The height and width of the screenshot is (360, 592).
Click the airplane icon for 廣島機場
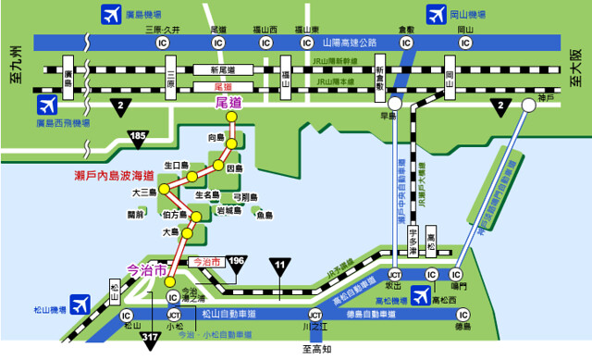(x=110, y=15)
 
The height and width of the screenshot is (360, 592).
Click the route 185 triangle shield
(x=138, y=139)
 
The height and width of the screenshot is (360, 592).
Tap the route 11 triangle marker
(x=280, y=267)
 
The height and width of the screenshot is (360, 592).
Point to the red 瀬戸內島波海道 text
(x=114, y=175)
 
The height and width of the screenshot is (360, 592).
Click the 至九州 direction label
(x=16, y=66)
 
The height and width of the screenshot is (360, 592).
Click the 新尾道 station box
(x=224, y=69)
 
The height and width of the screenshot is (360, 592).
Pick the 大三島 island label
(x=145, y=192)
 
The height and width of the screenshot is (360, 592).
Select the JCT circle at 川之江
(x=316, y=314)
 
